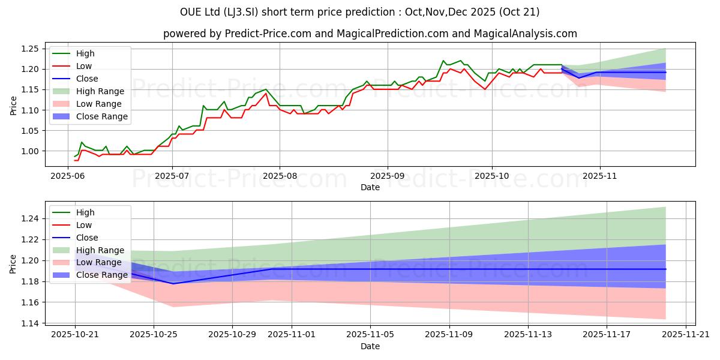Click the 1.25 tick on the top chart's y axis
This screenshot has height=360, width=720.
click(x=29, y=49)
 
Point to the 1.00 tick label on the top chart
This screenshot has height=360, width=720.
click(x=29, y=151)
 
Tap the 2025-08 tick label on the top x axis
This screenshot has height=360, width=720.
click(x=280, y=176)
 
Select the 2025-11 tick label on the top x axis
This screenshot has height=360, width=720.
click(x=600, y=176)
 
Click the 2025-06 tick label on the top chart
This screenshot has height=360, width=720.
click(x=67, y=176)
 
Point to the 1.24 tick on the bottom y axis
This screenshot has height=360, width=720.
click(x=29, y=218)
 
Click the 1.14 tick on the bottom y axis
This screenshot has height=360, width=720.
click(x=29, y=323)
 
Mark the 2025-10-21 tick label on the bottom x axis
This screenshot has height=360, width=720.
click(x=75, y=335)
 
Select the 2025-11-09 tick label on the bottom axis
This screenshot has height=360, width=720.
click(x=449, y=335)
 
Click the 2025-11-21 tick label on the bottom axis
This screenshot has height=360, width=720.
click(x=686, y=335)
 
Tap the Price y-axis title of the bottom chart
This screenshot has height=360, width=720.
click(x=13, y=264)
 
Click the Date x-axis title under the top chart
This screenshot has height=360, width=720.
click(x=370, y=187)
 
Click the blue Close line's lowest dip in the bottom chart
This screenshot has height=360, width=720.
click(x=173, y=284)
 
